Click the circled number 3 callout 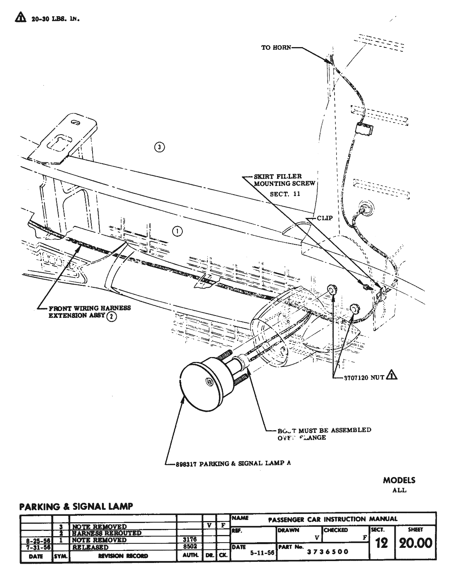[x=160, y=147]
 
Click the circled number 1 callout [x=177, y=231]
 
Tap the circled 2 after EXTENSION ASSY [x=111, y=316]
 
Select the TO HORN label [x=276, y=48]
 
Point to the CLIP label [x=324, y=218]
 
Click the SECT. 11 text [x=285, y=194]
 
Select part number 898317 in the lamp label [x=186, y=464]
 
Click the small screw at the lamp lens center [x=210, y=382]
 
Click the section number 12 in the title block [x=381, y=543]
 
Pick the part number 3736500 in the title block [x=327, y=552]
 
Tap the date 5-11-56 [x=262, y=553]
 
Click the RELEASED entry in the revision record [x=90, y=547]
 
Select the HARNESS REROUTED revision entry [x=107, y=533]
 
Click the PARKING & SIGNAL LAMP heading [x=76, y=506]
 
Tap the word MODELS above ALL [x=399, y=480]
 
